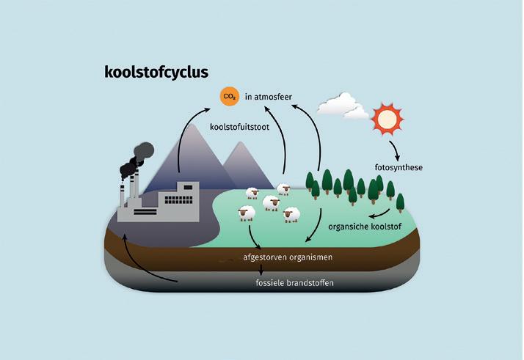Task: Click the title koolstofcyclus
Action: (156, 72)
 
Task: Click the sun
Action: (387, 117)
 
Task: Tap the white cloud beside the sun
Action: (343, 106)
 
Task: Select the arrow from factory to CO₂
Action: (189, 128)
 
